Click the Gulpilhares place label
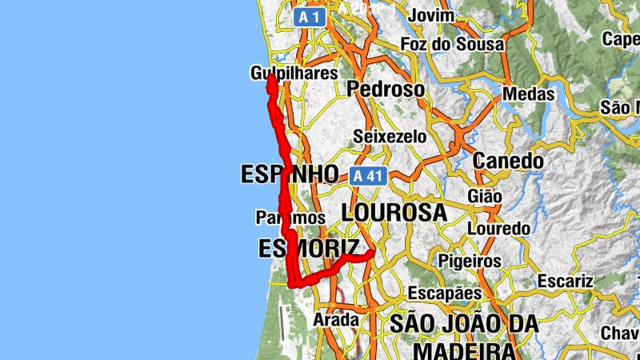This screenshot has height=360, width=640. pyautogui.click(x=294, y=74)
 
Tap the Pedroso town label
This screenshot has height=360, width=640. pyautogui.click(x=386, y=90)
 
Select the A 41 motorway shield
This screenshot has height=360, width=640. pyautogui.click(x=367, y=176)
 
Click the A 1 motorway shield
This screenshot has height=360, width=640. pyautogui.click(x=310, y=17)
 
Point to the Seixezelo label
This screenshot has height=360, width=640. pyautogui.click(x=390, y=136)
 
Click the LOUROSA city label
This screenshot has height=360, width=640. pyautogui.click(x=394, y=212)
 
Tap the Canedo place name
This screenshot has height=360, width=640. pyautogui.click(x=508, y=161)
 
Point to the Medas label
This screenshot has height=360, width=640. pyautogui.click(x=528, y=94)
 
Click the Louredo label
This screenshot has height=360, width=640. pyautogui.click(x=498, y=229)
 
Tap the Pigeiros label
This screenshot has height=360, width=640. pyautogui.click(x=470, y=261)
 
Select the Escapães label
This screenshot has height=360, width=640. pyautogui.click(x=446, y=293)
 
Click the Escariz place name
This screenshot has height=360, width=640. pyautogui.click(x=565, y=281)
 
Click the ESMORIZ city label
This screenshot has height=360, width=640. pyautogui.click(x=309, y=249)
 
